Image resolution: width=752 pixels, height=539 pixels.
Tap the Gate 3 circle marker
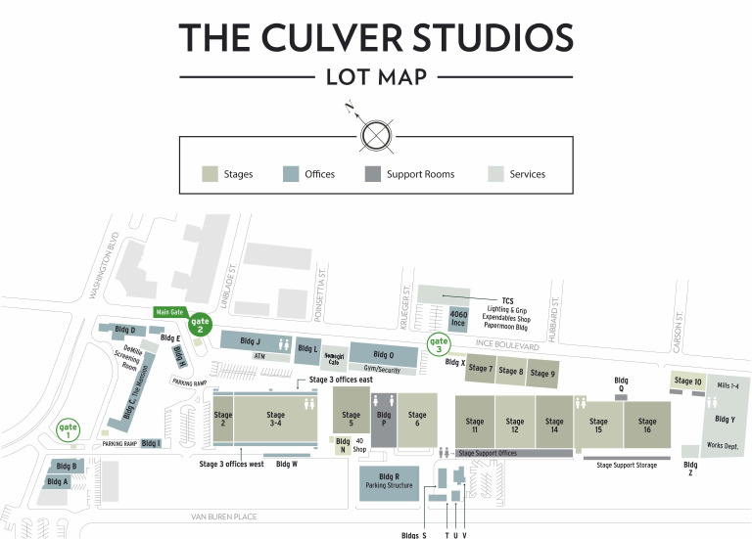pos(440,344)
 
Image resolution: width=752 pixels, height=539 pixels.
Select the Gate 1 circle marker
pos(69,429)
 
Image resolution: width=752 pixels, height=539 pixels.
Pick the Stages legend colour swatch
pos(210,174)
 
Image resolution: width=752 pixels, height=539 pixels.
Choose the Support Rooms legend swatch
pos(372,174)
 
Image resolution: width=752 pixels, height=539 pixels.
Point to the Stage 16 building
pos(647,425)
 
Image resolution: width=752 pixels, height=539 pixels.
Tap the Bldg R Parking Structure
pos(390,482)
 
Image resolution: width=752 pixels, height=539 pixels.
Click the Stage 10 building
pos(688,381)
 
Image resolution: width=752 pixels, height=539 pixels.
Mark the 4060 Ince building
pos(458,319)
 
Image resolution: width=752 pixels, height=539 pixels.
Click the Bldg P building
pos(383,421)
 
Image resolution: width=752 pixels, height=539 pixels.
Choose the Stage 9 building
pos(542,373)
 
